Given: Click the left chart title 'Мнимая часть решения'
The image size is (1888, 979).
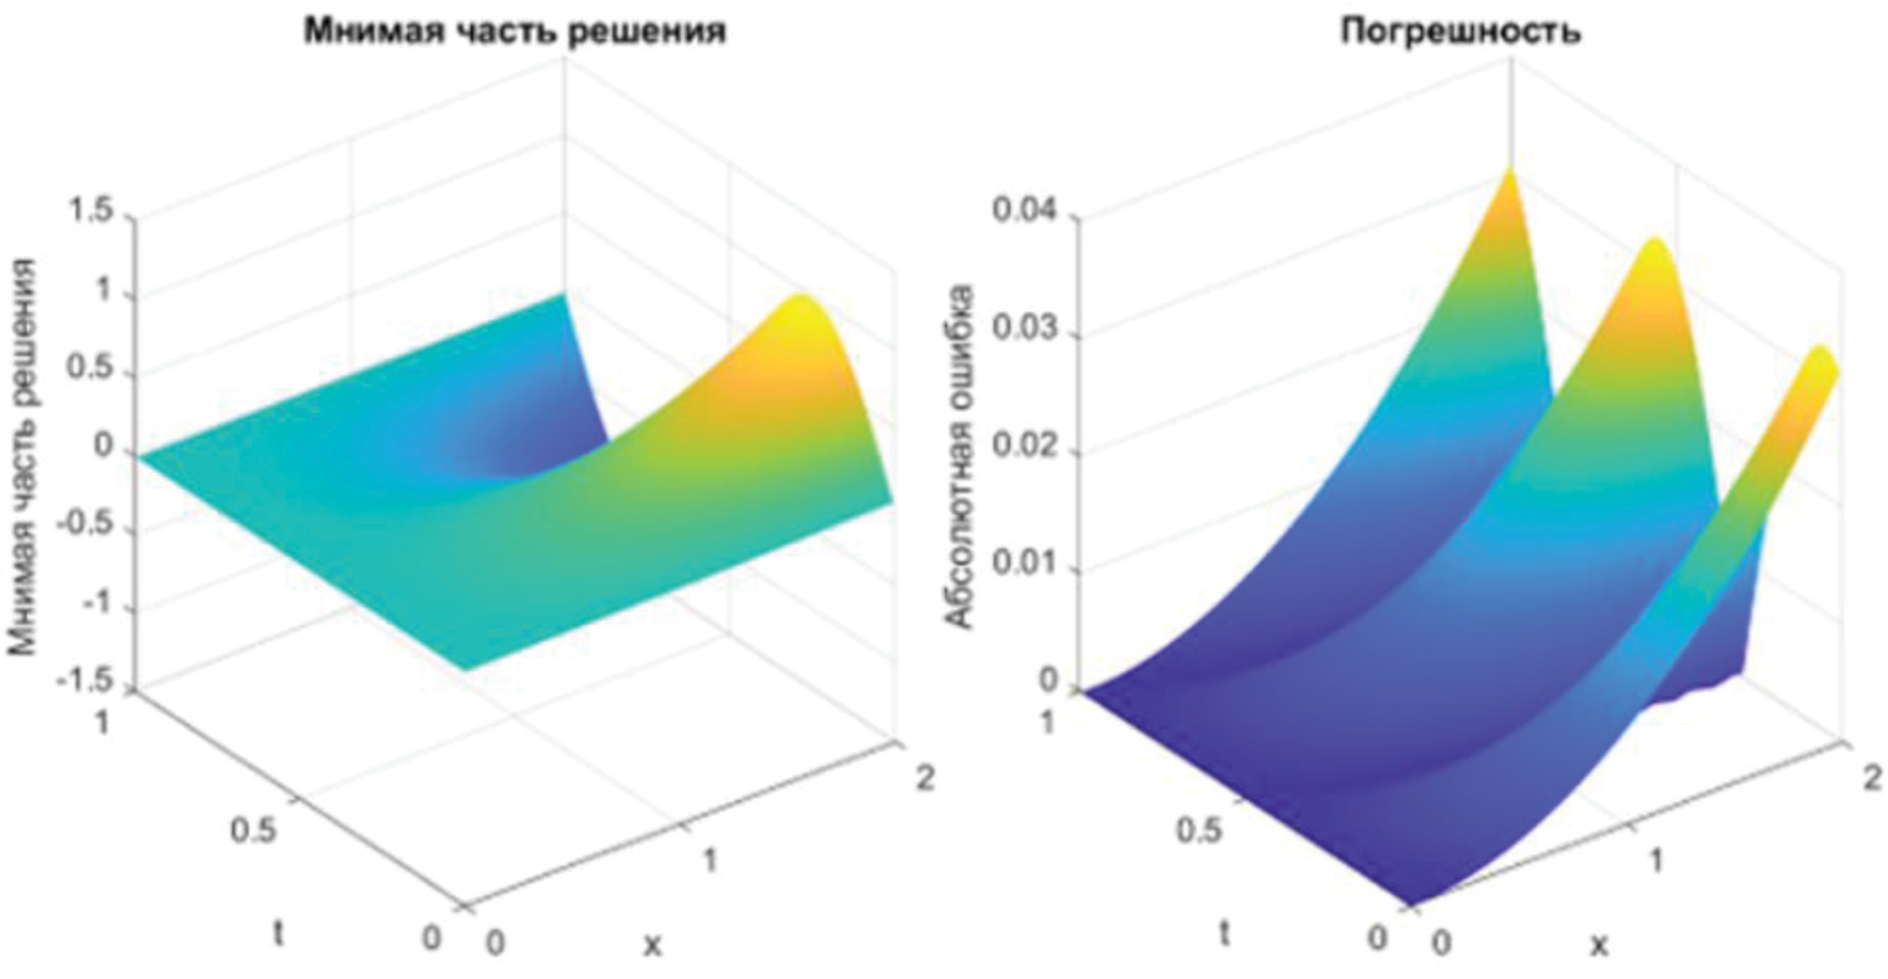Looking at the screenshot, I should (x=514, y=32).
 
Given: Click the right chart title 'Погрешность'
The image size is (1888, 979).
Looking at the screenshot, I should (x=1461, y=32).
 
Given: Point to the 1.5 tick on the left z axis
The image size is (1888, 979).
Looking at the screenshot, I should (x=89, y=213).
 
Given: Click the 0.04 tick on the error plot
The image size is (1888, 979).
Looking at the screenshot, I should (x=1026, y=213).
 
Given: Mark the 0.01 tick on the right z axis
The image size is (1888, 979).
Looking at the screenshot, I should (x=1026, y=566).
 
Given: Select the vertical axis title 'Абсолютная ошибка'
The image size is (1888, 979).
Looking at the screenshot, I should (x=961, y=457).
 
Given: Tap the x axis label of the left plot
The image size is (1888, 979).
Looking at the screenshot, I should (x=652, y=944).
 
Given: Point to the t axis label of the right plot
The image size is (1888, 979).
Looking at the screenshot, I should (x=1224, y=933).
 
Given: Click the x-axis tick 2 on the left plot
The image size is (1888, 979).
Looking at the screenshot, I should (x=923, y=778).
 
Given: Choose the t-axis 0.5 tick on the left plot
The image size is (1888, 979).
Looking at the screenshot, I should (x=253, y=830).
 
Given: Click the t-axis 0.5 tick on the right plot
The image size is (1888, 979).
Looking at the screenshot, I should (x=1199, y=830).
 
